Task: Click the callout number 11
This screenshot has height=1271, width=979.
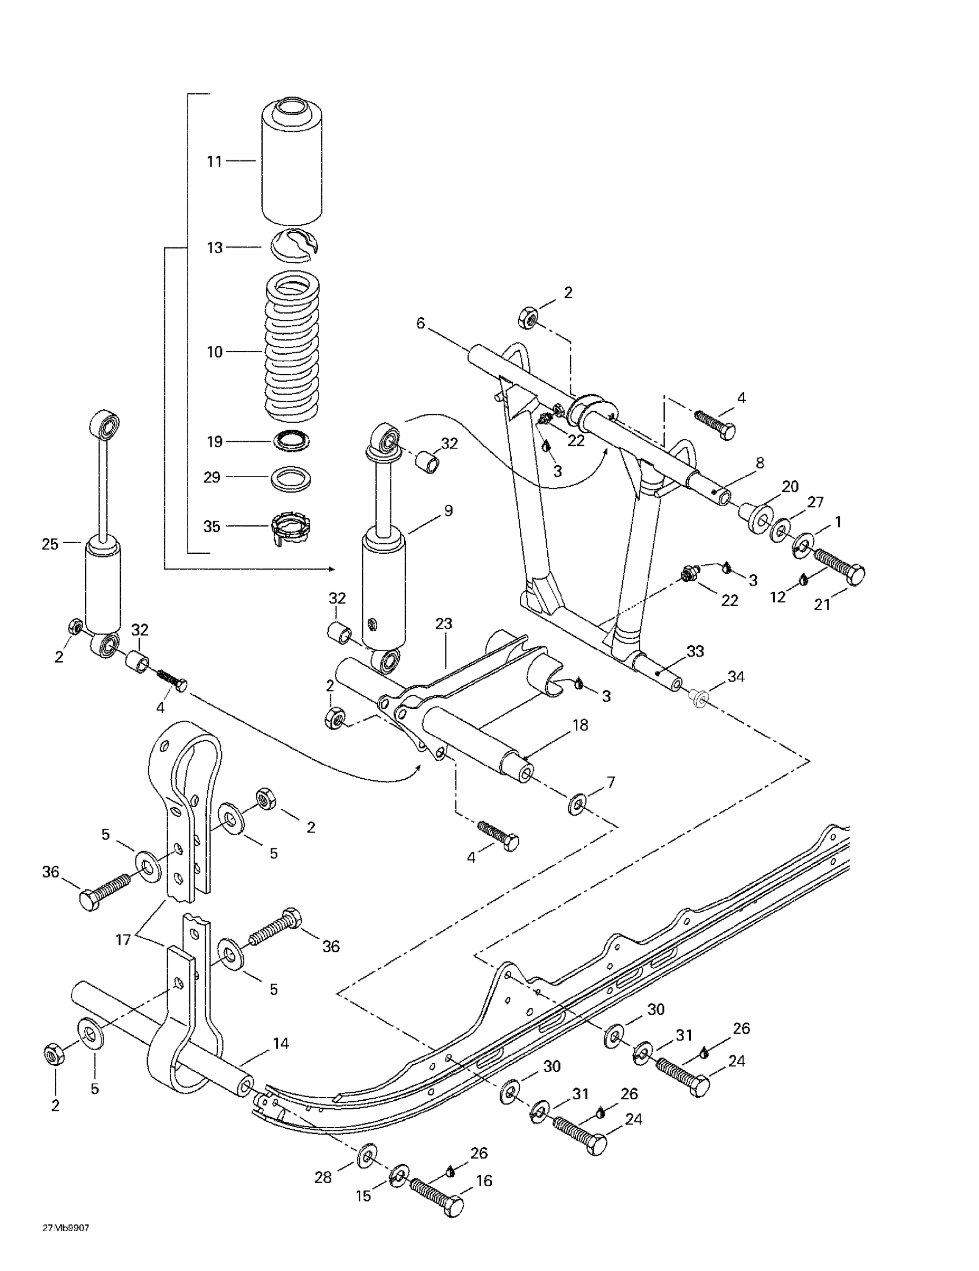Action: [215, 161]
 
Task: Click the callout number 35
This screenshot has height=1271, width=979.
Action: [212, 526]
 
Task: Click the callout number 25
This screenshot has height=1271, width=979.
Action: [51, 544]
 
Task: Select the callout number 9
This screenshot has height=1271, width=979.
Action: [448, 511]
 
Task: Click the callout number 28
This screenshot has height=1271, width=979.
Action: [323, 1177]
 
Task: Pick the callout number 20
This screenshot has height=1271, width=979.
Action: [789, 486]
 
